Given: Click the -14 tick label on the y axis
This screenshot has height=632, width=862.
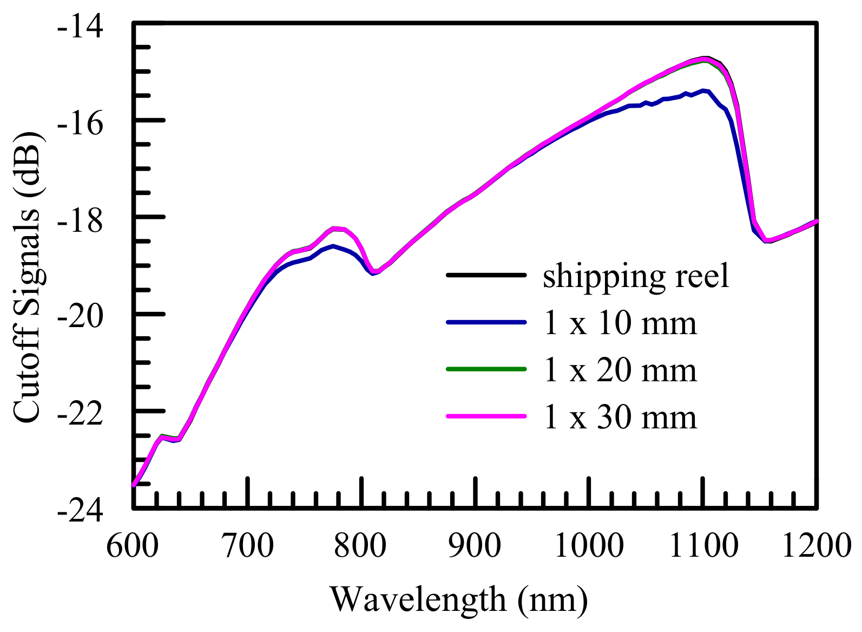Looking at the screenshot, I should [80, 27].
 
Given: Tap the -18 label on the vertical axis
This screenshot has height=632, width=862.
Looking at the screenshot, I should [80, 221].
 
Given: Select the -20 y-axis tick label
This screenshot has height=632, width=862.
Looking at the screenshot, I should [80, 317].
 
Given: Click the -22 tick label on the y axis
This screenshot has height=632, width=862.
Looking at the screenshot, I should [80, 414].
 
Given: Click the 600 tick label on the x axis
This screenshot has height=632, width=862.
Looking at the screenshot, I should [133, 546].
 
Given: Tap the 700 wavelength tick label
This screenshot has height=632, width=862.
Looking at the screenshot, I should [247, 546].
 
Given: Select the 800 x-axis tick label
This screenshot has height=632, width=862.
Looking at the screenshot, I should [360, 546].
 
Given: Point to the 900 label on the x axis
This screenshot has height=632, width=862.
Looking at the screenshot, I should [475, 546].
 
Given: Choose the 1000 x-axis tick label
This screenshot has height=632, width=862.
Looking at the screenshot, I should [589, 546].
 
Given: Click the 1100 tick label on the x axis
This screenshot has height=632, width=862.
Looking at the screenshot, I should [703, 546].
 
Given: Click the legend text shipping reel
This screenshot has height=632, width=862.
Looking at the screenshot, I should [636, 276].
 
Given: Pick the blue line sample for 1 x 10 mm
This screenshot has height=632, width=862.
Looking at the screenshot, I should [486, 322].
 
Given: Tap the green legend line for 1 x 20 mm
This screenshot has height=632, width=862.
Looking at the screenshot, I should [486, 369].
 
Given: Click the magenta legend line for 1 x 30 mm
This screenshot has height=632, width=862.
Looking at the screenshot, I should [486, 416].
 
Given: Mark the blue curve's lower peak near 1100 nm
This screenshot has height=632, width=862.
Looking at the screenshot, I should [703, 91].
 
